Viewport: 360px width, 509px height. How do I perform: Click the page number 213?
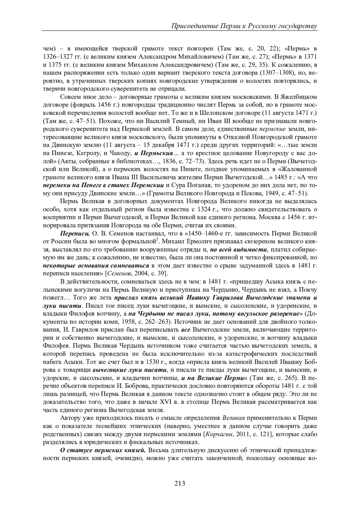(x=180, y=483)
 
